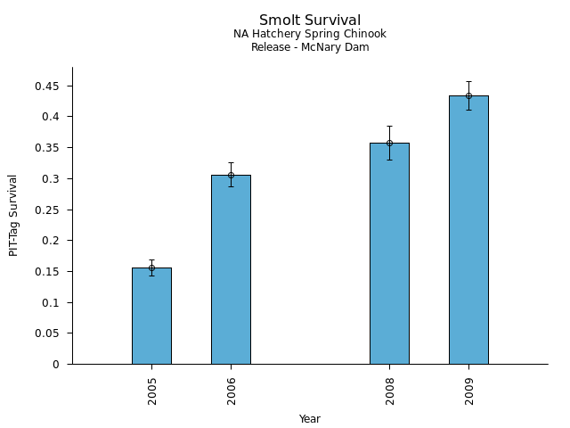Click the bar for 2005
pyautogui.click(x=151, y=317)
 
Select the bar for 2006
pyautogui.click(x=231, y=270)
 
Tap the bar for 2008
pyautogui.click(x=389, y=254)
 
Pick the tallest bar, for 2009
pyautogui.click(x=468, y=230)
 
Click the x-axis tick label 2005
pyautogui.click(x=152, y=391)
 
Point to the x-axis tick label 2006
pyautogui.click(x=232, y=391)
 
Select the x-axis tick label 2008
pyautogui.click(x=390, y=391)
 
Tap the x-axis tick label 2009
pyautogui.click(x=469, y=391)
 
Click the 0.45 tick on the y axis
pyautogui.click(x=47, y=86)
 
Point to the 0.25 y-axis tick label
pyautogui.click(x=47, y=210)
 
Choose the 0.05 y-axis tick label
pyautogui.click(x=47, y=333)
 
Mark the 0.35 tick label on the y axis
pyautogui.click(x=47, y=148)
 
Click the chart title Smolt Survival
pyautogui.click(x=310, y=21)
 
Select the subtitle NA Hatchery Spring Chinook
pyautogui.click(x=310, y=35)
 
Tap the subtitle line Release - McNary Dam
pyautogui.click(x=310, y=47)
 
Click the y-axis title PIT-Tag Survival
pyautogui.click(x=13, y=215)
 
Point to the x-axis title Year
pyautogui.click(x=310, y=419)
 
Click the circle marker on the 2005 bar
pyautogui.click(x=151, y=267)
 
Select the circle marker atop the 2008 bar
pyautogui.click(x=389, y=143)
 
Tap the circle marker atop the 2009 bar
pyautogui.click(x=468, y=95)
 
